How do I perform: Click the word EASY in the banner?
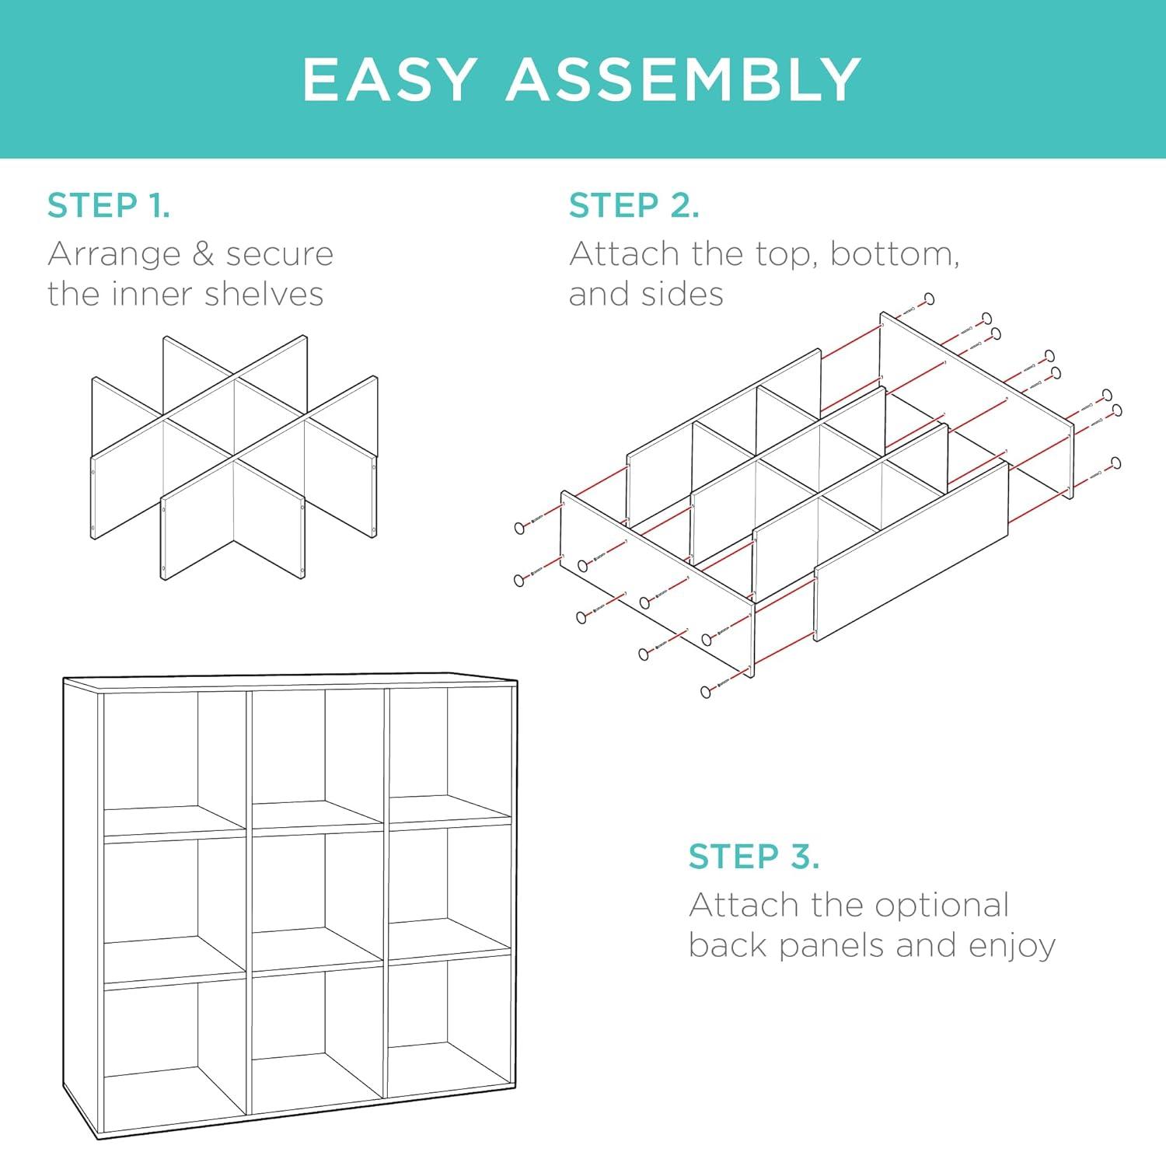pos(389,79)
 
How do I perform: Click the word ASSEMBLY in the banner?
pos(684,79)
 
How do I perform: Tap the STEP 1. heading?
pos(109,205)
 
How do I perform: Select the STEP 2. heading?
pos(634,205)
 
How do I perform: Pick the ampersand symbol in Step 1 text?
pos(204,254)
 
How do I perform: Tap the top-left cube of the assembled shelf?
pos(175,762)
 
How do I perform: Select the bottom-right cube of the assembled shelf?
pos(449,1026)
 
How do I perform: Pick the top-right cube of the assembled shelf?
pos(449,754)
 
